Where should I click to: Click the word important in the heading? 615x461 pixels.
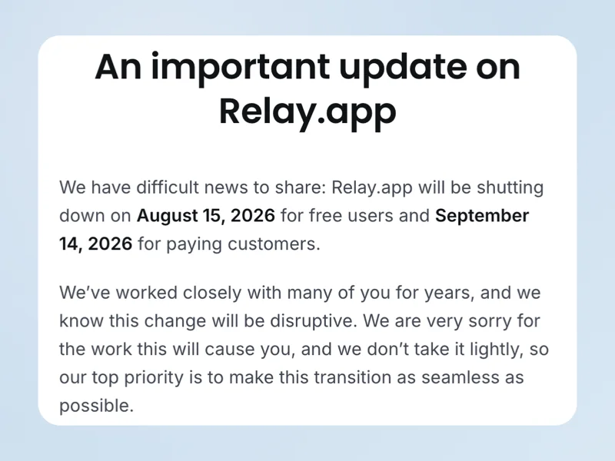pyautogui.click(x=240, y=68)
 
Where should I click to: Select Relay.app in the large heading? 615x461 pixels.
pyautogui.click(x=307, y=112)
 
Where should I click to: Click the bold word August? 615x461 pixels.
pyautogui.click(x=168, y=216)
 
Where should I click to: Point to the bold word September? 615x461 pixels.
pyautogui.click(x=482, y=216)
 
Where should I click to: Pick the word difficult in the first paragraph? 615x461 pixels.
pyautogui.click(x=168, y=187)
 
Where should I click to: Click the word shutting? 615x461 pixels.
pyautogui.click(x=510, y=188)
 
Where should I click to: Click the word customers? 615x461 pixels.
pyautogui.click(x=274, y=244)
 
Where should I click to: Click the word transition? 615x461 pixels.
pyautogui.click(x=352, y=377)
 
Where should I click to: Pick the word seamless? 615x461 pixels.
pyautogui.click(x=457, y=377)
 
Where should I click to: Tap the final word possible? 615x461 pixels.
pyautogui.click(x=97, y=406)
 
